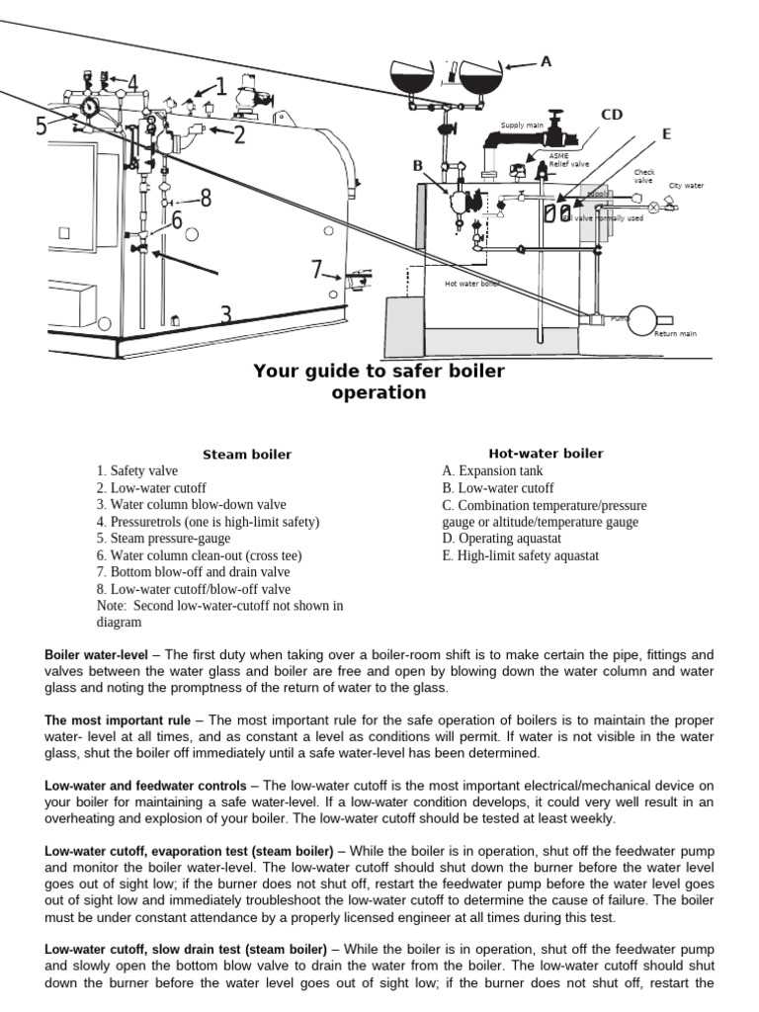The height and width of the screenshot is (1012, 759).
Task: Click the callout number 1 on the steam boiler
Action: (x=220, y=87)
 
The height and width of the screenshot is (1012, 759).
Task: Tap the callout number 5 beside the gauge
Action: (x=42, y=126)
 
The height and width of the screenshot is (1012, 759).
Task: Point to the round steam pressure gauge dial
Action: (x=90, y=106)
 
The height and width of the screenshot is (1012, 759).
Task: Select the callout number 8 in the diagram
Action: (x=206, y=199)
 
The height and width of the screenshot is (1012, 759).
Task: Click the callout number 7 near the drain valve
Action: (x=317, y=269)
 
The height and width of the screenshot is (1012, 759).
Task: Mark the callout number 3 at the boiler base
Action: (x=226, y=315)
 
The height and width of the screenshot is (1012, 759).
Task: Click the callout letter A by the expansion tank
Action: (x=546, y=61)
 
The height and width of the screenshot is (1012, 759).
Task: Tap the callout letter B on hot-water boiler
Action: (x=418, y=165)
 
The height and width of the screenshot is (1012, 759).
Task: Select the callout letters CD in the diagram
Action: (x=613, y=115)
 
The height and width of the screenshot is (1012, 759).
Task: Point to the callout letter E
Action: (x=666, y=133)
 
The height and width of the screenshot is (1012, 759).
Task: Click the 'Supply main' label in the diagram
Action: (x=522, y=126)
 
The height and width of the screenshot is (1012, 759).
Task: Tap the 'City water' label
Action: (x=687, y=185)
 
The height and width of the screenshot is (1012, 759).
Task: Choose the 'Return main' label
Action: (x=675, y=334)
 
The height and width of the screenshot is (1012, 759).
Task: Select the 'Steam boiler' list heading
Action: (x=247, y=455)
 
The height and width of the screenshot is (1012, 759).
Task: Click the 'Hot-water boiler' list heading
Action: (x=546, y=454)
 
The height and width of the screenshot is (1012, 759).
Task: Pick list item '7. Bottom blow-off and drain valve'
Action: (x=194, y=572)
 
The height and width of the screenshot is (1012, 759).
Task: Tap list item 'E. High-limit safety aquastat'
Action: (x=520, y=555)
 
